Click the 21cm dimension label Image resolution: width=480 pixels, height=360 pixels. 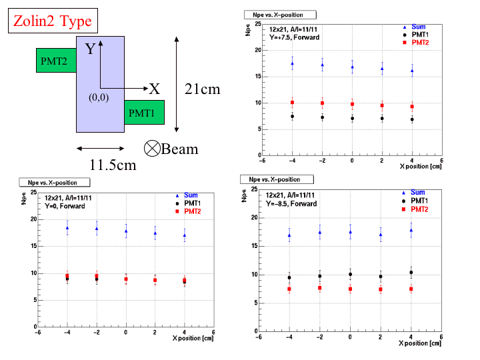coord(202,89)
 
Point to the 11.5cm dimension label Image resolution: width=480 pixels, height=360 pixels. coord(113,164)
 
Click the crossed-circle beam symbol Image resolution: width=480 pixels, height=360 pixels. coord(151,148)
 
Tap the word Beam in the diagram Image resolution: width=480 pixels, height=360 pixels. coord(180,148)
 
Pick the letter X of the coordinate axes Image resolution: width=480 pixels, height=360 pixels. coord(154,89)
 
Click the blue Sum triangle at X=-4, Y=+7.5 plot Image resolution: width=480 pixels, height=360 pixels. coord(292,64)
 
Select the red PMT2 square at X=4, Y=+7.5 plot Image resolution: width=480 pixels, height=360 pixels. coord(412,107)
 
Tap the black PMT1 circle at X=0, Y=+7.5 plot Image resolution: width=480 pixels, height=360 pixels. coord(352,119)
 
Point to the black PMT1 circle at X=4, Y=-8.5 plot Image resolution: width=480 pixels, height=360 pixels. coord(411,273)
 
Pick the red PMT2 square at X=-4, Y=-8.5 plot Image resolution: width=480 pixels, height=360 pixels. coord(289,289)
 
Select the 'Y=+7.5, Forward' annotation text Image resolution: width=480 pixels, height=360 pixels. coord(294,37)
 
